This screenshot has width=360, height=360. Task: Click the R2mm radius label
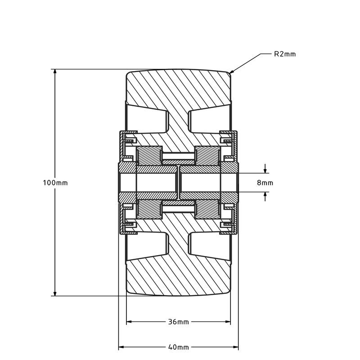click(x=285, y=54)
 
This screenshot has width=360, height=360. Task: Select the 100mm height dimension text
click(x=55, y=183)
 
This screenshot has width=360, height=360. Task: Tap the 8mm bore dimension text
click(x=265, y=183)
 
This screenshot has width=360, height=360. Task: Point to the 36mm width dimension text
click(x=179, y=322)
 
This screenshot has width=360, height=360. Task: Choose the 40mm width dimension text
click(x=179, y=347)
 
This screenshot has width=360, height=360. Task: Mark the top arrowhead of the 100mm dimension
click(x=55, y=72)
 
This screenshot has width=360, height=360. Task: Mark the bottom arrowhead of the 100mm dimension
click(x=55, y=293)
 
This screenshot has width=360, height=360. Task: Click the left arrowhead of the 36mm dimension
click(x=129, y=322)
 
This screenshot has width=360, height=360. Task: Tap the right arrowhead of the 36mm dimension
click(x=228, y=322)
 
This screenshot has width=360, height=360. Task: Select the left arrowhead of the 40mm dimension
click(x=121, y=347)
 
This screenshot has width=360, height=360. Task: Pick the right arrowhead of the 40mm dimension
click(x=235, y=347)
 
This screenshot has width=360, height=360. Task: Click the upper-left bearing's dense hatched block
click(x=149, y=156)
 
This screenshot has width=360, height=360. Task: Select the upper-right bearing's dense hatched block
click(x=207, y=156)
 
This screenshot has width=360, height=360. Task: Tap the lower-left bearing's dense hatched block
click(x=149, y=209)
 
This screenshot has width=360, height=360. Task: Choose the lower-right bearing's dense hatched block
click(x=207, y=209)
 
